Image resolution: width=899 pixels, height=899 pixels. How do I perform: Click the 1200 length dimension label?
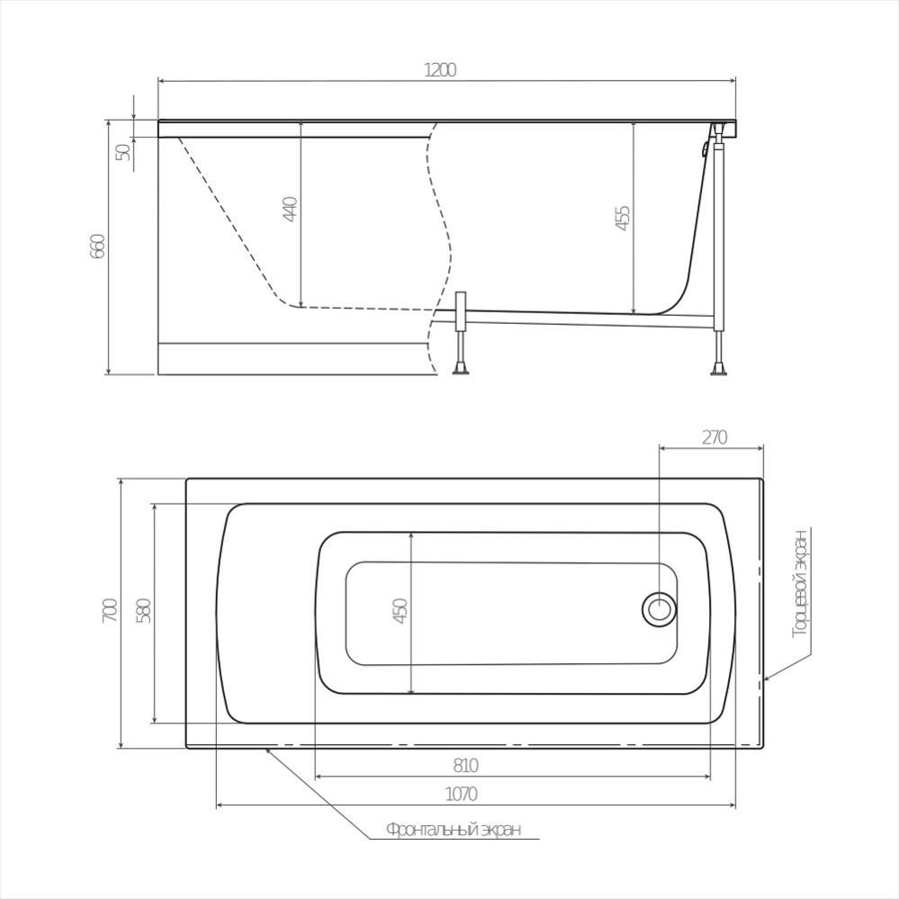(x=440, y=70)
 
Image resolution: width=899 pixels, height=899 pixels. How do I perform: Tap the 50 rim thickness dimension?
(x=123, y=152)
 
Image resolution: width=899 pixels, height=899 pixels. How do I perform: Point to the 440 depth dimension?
(x=290, y=209)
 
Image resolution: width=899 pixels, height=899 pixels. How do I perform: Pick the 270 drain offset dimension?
(x=715, y=437)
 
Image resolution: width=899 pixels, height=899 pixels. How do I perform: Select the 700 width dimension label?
(x=110, y=611)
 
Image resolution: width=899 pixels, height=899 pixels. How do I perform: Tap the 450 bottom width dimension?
(x=400, y=611)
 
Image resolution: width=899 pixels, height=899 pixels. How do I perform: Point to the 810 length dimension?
(x=465, y=766)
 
